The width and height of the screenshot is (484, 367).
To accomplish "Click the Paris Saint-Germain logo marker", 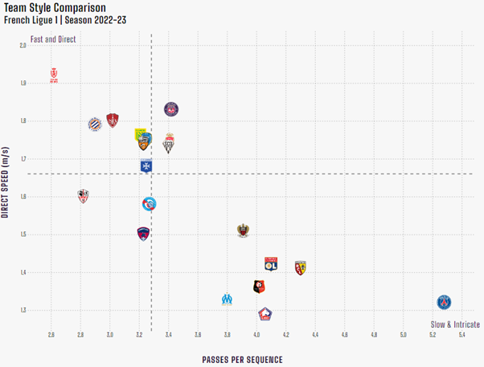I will point(444,302).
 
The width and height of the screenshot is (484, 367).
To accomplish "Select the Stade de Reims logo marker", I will point(55,76).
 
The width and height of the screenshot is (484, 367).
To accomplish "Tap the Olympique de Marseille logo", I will point(228,299).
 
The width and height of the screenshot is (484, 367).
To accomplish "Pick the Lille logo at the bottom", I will point(265,314).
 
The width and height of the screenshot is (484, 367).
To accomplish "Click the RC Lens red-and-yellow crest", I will point(301,268).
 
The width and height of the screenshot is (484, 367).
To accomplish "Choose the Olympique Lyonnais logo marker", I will point(271,263).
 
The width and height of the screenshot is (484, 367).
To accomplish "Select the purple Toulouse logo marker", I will point(171,108).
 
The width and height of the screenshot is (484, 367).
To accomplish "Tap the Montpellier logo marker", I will point(95,124).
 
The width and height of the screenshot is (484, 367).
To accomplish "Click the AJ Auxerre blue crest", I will point(146,166).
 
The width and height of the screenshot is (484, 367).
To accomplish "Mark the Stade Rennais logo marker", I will point(259,286).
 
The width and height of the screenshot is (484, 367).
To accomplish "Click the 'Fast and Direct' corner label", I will point(52,39).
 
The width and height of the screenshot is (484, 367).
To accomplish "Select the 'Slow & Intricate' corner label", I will point(456,324).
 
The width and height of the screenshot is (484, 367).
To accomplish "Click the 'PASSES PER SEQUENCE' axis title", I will point(242,359).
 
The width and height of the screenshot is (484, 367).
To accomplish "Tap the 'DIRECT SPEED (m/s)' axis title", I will point(6,182).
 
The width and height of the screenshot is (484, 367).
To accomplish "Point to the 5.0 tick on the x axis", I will point(404,333).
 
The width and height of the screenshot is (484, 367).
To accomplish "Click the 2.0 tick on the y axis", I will point(23,45).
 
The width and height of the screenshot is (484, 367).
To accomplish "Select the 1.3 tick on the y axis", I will point(23,310).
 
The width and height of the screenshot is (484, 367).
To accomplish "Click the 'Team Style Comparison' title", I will point(55,7).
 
